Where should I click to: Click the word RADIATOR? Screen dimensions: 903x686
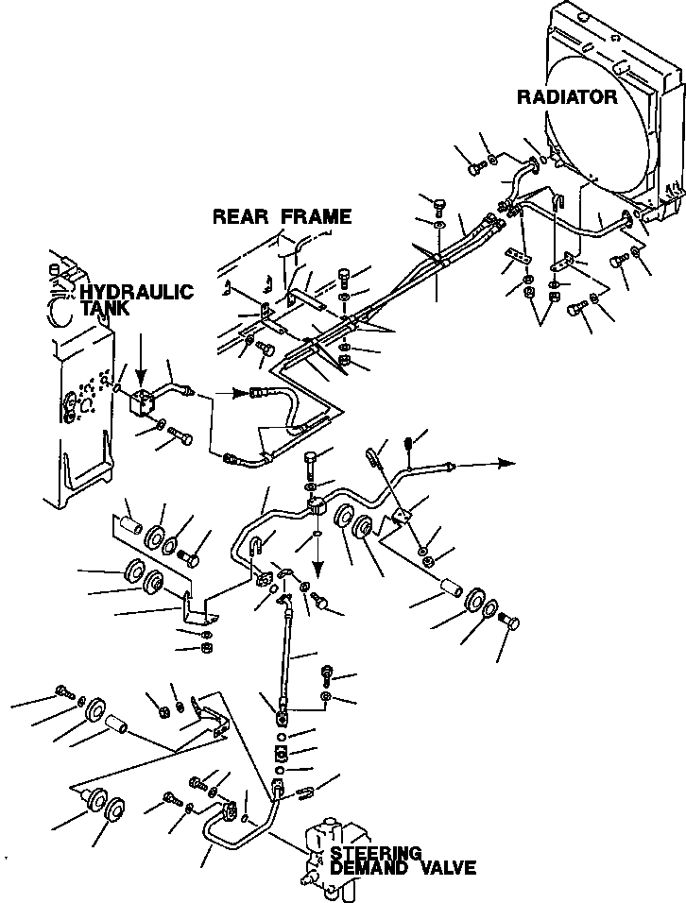coord(567,96)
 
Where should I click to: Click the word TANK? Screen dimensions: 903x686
coord(106,309)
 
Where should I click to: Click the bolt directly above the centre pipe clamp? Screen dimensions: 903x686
coord(312,465)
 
